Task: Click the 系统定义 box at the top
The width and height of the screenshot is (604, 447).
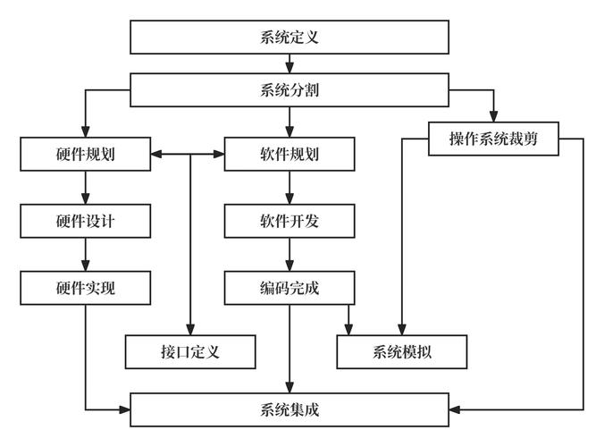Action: [289, 38]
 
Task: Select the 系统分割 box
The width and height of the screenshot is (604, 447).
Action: [289, 89]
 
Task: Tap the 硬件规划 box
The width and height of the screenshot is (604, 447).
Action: [85, 155]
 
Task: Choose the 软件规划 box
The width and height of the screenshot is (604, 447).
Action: [289, 155]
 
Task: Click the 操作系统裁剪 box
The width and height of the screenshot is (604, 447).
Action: [493, 139]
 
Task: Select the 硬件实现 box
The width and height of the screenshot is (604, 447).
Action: [85, 286]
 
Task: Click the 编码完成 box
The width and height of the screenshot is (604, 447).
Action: [289, 286]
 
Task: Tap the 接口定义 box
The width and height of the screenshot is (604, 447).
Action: [191, 351]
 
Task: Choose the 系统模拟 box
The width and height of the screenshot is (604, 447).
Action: [402, 351]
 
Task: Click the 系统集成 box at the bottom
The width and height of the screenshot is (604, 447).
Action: [289, 409]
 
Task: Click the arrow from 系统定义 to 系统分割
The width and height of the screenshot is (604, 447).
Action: [289, 63]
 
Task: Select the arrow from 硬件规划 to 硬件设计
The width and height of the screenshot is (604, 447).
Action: [85, 188]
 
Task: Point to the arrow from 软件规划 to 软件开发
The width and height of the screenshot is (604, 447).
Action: [289, 188]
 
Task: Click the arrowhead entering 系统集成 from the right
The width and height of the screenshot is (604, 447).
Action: [455, 409]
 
